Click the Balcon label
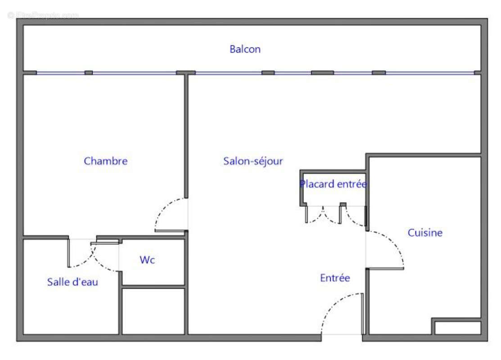[x=245, y=49]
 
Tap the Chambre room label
[x=106, y=161]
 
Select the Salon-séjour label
[x=253, y=161]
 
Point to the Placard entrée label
[x=333, y=184]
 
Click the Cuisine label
[x=425, y=233]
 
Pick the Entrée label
[x=335, y=278]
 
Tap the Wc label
[x=147, y=260]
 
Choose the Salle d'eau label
[x=72, y=282]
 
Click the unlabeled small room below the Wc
[x=153, y=310]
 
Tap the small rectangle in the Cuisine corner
[x=457, y=327]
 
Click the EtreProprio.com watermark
[x=43, y=15]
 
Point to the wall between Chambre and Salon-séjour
[x=186, y=135]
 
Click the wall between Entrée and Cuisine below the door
[x=367, y=301]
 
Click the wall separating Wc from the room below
[x=153, y=286]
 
